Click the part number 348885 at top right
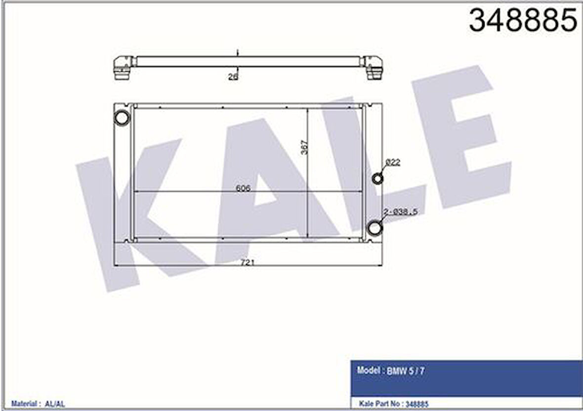tap(523, 21)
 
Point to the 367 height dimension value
tap(304, 147)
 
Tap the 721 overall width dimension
tap(247, 263)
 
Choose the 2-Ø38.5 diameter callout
tap(400, 211)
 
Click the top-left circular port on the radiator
tap(122, 118)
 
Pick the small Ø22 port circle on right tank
tap(377, 178)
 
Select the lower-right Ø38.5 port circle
tap(375, 227)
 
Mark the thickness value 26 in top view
tap(233, 77)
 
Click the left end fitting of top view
tap(123, 68)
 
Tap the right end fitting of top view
tap(374, 68)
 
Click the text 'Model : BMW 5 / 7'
tap(390, 370)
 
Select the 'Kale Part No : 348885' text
tap(392, 404)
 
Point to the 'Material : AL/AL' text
tap(38, 404)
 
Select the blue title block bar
tap(466, 378)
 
